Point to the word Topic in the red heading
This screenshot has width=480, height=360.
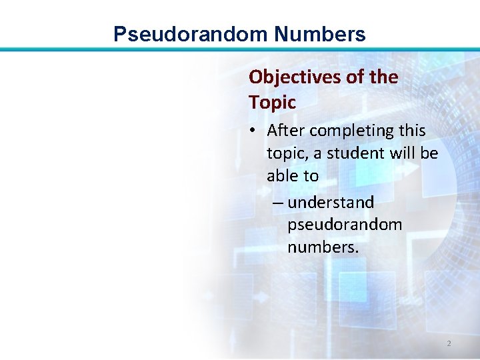(272, 103)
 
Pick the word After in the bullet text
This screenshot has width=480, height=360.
(286, 131)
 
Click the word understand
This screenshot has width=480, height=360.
(331, 202)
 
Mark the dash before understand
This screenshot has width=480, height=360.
(278, 202)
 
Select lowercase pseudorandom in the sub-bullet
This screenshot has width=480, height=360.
(345, 225)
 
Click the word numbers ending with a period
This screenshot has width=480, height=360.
(323, 247)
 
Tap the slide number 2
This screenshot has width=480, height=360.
(449, 343)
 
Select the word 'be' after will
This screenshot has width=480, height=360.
(429, 153)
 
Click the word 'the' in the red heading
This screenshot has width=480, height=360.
(383, 77)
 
